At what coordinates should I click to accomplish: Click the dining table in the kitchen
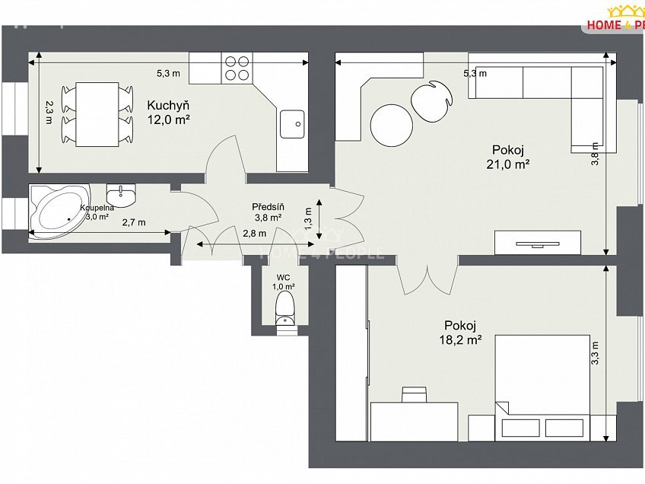coord(96,114)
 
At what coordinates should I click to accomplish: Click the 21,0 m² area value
coord(508,163)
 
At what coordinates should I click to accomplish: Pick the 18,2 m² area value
coord(461,341)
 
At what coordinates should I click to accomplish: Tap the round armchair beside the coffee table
coord(432,100)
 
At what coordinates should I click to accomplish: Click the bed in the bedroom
coord(543,384)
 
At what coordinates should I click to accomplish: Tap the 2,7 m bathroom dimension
coord(133,222)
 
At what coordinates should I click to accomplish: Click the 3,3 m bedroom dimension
coord(596,352)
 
